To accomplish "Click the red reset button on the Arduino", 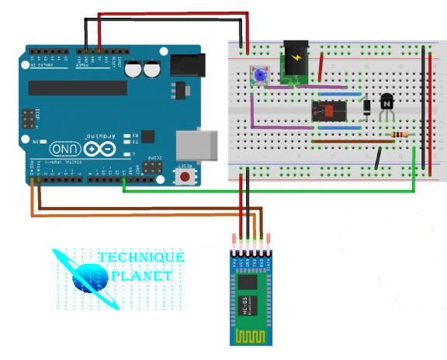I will (185, 177).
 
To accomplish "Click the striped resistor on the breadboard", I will (400, 135).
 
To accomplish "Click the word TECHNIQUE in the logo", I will (140, 257).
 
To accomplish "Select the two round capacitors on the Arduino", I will (141, 69).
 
